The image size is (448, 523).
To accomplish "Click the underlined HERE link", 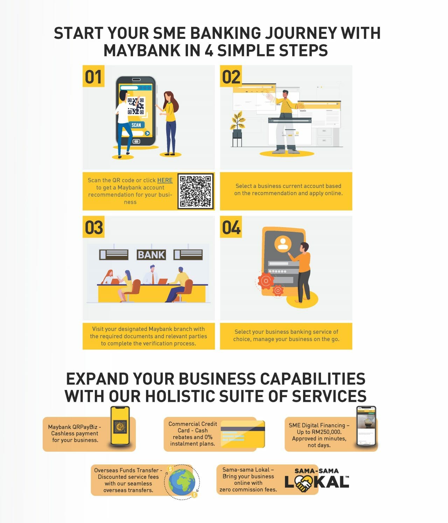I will click(164, 180).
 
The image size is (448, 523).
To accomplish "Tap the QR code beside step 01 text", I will click(196, 191).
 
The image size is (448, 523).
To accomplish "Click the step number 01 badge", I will click(93, 77).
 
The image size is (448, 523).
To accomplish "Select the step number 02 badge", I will click(231, 77).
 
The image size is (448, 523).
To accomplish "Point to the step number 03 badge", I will click(93, 228).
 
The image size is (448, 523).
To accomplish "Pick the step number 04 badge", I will click(231, 228).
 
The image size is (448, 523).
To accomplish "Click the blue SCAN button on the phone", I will click(136, 125).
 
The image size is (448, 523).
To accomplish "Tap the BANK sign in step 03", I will click(151, 255).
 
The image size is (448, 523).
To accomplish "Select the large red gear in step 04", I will click(266, 280).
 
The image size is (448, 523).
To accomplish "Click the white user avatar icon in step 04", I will click(282, 244).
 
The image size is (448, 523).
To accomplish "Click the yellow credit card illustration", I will click(243, 434).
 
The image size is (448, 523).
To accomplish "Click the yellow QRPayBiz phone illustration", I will click(120, 426).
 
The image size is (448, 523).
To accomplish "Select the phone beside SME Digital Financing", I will click(366, 426).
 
